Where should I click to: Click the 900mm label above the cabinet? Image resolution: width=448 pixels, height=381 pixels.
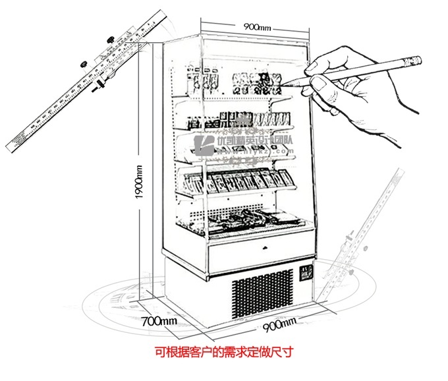pos(257,26)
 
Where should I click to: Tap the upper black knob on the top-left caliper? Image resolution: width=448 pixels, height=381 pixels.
pos(84,63)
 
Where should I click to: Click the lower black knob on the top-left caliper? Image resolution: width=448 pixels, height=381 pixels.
pos(102,85)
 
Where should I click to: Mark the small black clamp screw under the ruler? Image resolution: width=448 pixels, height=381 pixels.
pos(102,85)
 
